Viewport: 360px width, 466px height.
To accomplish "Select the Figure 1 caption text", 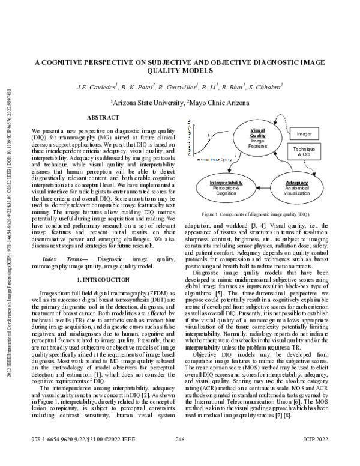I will pos(256,214).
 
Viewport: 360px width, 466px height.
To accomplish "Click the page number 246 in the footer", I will pos(179,457).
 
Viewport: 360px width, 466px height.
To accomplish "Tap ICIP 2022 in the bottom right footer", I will pos(314,457).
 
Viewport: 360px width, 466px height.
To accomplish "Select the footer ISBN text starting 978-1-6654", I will pos(76,457).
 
